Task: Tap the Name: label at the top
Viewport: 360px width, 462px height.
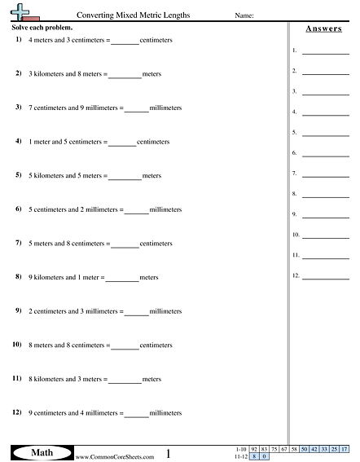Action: pos(244,15)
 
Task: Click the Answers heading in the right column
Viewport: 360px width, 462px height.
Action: pos(323,29)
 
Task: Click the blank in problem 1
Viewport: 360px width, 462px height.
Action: pos(125,40)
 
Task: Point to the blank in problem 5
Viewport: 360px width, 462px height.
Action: pos(125,176)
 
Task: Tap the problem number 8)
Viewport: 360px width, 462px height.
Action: pos(18,277)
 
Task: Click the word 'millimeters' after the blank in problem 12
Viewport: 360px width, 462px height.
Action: pos(165,414)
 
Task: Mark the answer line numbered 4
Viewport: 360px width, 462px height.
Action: pos(325,112)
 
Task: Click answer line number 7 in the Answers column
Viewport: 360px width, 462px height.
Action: pos(325,174)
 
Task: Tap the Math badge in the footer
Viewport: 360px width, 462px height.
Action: pos(39,452)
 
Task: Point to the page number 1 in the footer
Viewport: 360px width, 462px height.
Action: pos(168,453)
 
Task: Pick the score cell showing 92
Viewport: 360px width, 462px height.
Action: pos(254,450)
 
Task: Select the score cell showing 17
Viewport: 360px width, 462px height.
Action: pos(345,450)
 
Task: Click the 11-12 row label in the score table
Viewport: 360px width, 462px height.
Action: pos(239,457)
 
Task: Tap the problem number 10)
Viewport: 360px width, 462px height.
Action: pos(17,345)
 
